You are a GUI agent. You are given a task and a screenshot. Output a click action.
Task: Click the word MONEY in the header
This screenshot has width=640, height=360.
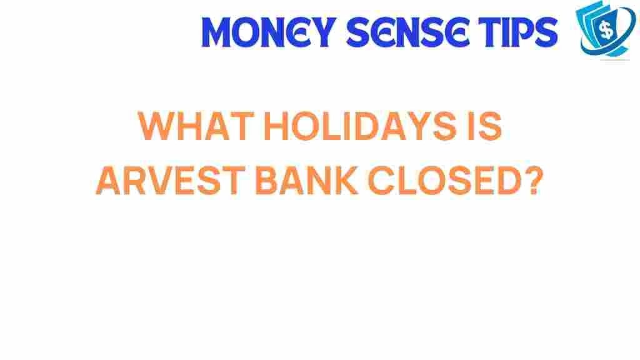click(269, 32)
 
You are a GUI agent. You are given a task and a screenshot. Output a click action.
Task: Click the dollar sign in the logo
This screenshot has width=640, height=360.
click(606, 29)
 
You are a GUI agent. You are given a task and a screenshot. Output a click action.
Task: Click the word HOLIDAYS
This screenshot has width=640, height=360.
click(360, 126)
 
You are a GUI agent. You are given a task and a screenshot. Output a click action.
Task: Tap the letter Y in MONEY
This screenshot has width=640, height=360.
click(322, 32)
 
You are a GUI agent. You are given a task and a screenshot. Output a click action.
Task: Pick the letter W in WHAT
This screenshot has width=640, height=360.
click(157, 126)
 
